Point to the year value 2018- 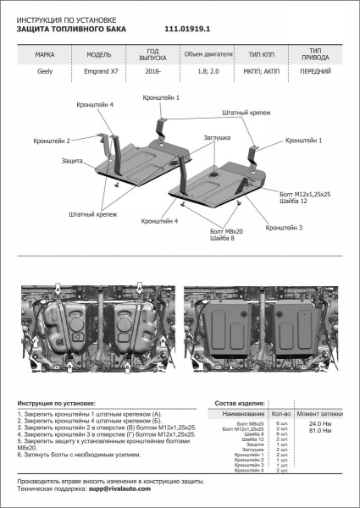[x=155, y=72]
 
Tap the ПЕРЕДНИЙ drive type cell [x=315, y=72]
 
